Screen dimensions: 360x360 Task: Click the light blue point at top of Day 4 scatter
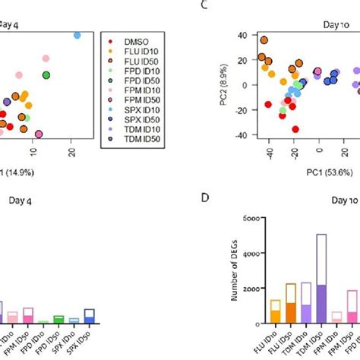pos(77,35)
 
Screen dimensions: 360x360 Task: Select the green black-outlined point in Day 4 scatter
pos(47,74)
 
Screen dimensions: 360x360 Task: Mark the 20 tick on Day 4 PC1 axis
pos(71,154)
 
